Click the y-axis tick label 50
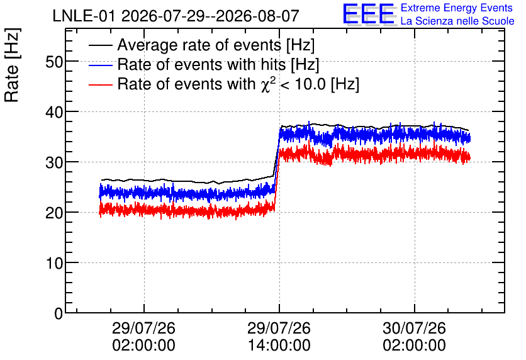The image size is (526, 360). pyautogui.click(x=54, y=62)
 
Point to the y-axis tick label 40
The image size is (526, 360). pyautogui.click(x=54, y=112)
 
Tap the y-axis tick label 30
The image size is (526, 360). pyautogui.click(x=54, y=162)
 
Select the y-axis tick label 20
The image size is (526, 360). pyautogui.click(x=54, y=213)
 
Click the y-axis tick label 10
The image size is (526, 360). pyautogui.click(x=54, y=263)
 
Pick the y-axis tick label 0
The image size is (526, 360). pyautogui.click(x=59, y=313)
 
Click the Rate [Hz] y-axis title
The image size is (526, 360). pyautogui.click(x=12, y=65)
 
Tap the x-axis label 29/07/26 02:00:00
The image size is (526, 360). pyautogui.click(x=143, y=337)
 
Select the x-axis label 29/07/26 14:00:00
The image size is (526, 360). pyautogui.click(x=279, y=337)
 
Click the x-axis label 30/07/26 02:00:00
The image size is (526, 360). pyautogui.click(x=414, y=337)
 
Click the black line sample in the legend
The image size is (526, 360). pyautogui.click(x=100, y=45)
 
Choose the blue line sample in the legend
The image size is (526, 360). pyautogui.click(x=100, y=65)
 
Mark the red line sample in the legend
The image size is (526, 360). pyautogui.click(x=100, y=84)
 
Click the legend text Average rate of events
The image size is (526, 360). pyautogui.click(x=199, y=45)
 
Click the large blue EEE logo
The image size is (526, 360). pyautogui.click(x=369, y=14)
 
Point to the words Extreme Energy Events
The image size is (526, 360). pyautogui.click(x=457, y=8)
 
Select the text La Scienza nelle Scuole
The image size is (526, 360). pyautogui.click(x=457, y=21)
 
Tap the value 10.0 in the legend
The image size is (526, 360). pyautogui.click(x=310, y=84)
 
